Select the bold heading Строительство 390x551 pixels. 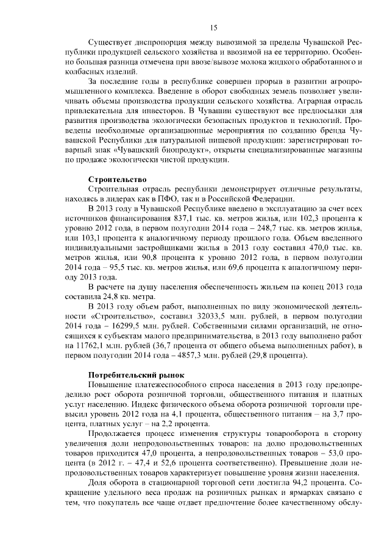(118, 180)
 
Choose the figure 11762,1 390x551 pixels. (86, 346)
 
